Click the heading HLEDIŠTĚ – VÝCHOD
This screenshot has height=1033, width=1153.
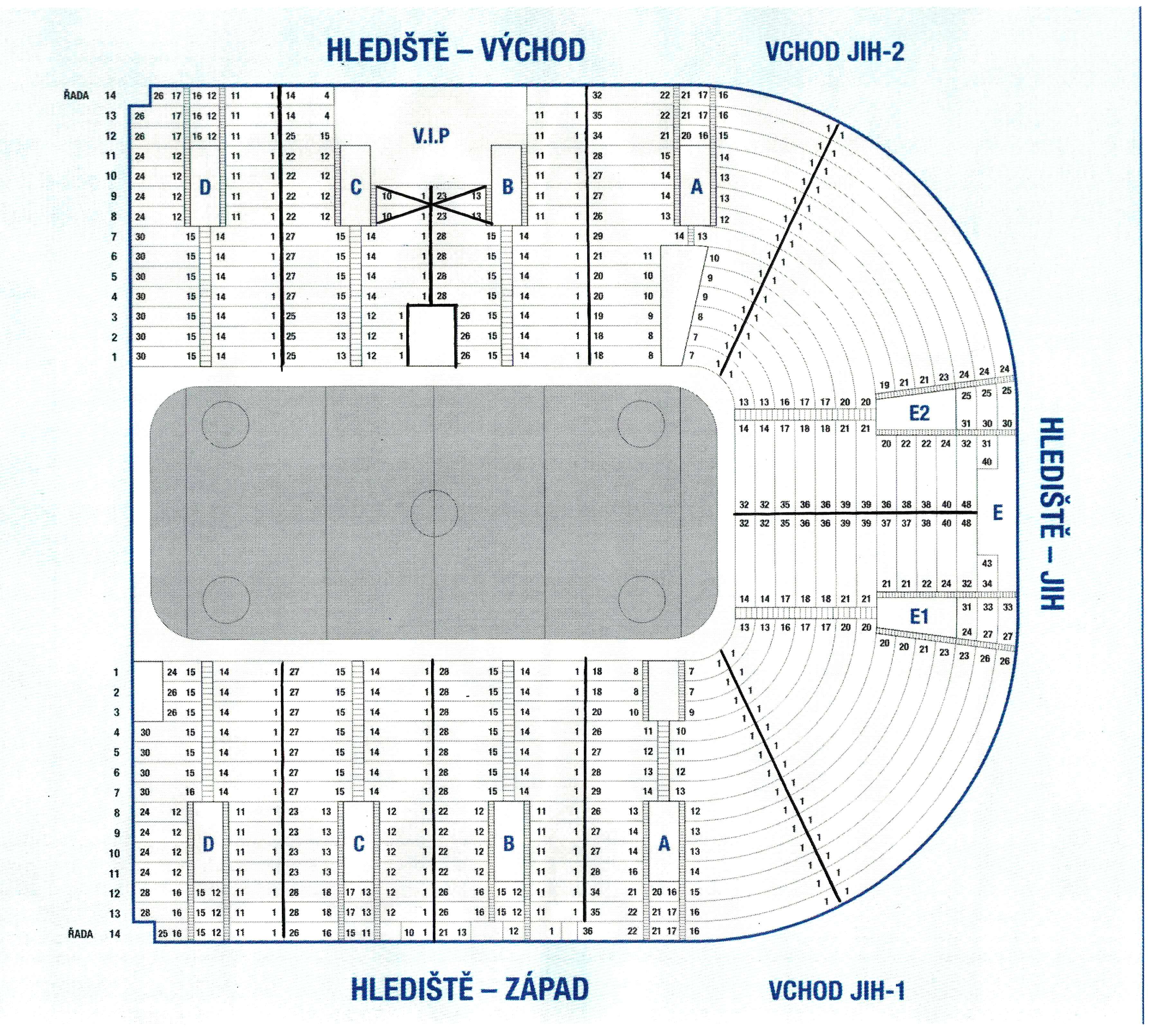click(x=456, y=50)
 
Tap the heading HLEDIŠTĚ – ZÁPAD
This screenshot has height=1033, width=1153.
click(x=469, y=989)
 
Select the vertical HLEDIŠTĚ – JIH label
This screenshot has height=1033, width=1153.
click(x=1052, y=514)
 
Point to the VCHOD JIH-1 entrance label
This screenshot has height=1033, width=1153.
click(x=837, y=991)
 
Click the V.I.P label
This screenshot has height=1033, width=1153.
click(x=431, y=136)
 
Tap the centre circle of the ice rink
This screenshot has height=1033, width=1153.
click(x=434, y=513)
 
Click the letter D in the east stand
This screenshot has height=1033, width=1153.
click(x=205, y=187)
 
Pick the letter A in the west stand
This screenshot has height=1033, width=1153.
click(x=664, y=844)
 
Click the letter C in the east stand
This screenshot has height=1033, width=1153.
click(x=356, y=187)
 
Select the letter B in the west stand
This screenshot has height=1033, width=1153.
click(x=509, y=844)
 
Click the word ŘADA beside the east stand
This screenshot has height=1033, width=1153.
click(x=76, y=95)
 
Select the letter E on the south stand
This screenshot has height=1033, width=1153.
click(x=997, y=513)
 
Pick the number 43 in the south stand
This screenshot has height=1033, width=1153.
click(x=987, y=563)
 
